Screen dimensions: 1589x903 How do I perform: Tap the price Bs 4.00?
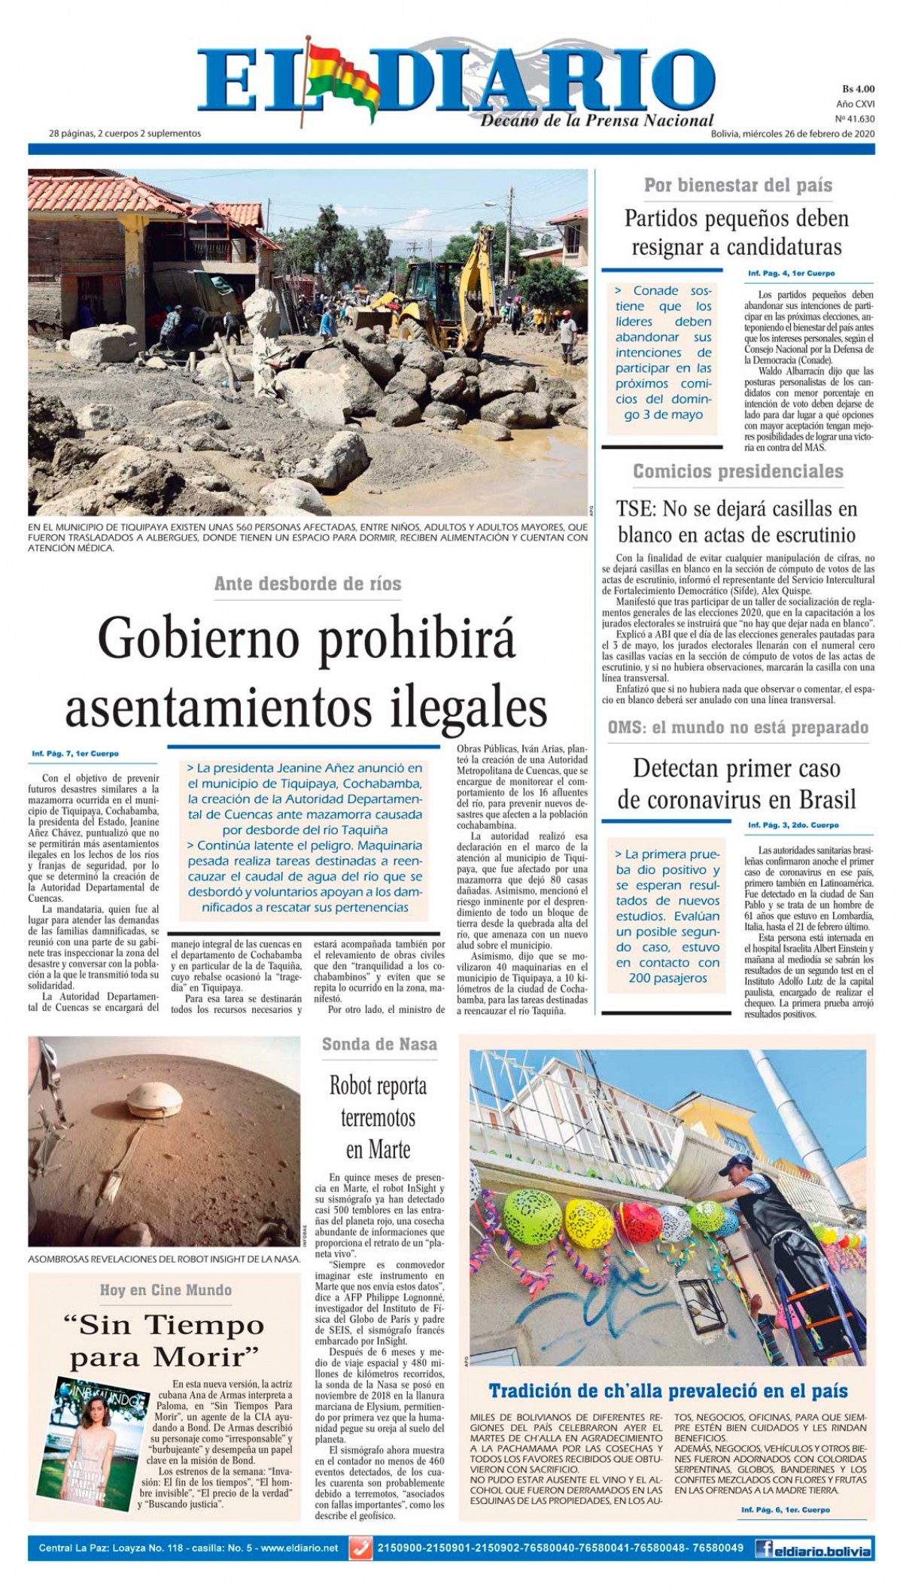click(857, 89)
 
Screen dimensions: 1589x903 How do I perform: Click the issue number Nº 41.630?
click(855, 119)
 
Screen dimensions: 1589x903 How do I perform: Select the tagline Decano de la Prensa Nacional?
click(597, 120)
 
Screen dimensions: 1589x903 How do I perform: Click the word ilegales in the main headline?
click(467, 707)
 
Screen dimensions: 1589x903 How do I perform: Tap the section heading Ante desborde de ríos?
click(308, 584)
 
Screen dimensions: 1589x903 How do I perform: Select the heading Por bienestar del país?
click(737, 185)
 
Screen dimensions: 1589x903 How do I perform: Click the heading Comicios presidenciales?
click(737, 472)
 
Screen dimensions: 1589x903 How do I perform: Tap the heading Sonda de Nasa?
click(379, 1044)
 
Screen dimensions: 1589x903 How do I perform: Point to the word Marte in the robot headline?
click(388, 1150)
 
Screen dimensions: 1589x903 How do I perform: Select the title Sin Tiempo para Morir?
click(166, 1341)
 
